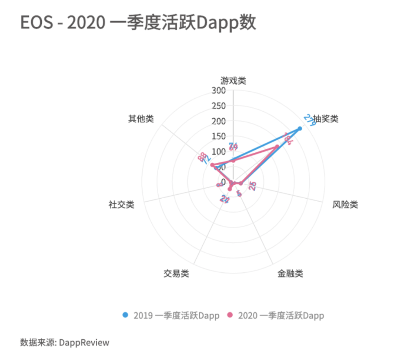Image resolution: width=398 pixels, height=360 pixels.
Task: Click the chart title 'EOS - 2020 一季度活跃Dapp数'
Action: [x=138, y=23]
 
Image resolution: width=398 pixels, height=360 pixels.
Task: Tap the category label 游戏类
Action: [x=233, y=81]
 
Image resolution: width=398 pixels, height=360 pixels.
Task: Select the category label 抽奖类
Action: [x=326, y=119]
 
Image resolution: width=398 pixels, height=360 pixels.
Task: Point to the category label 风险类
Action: [x=345, y=205]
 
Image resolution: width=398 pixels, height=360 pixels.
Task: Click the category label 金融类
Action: [x=290, y=273]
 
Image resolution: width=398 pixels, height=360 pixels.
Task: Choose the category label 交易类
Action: [x=176, y=273]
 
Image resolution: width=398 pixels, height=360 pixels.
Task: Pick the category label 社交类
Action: [x=122, y=205]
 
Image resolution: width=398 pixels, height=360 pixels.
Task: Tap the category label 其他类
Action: [x=141, y=119]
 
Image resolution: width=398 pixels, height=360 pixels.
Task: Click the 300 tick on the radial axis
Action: [x=219, y=90]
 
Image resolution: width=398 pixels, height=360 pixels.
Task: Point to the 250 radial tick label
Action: [x=219, y=106]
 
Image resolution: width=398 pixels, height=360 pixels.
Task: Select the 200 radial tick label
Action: [x=219, y=121]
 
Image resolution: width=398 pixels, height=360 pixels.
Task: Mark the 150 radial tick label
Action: [x=219, y=136]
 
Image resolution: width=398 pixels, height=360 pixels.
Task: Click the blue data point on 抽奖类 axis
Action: [x=300, y=128]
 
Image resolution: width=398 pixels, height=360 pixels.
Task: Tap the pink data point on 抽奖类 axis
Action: [x=277, y=147]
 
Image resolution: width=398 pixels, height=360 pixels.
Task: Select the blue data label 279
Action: [x=310, y=120]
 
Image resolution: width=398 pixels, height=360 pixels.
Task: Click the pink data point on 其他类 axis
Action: [x=212, y=165]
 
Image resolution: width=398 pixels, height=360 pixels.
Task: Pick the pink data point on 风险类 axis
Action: [x=241, y=183]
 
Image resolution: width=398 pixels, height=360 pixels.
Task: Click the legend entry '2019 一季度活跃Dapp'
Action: [x=171, y=315]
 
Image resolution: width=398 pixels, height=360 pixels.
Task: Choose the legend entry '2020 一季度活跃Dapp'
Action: [x=276, y=315]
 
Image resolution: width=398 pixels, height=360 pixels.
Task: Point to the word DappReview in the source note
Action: [x=84, y=342]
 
